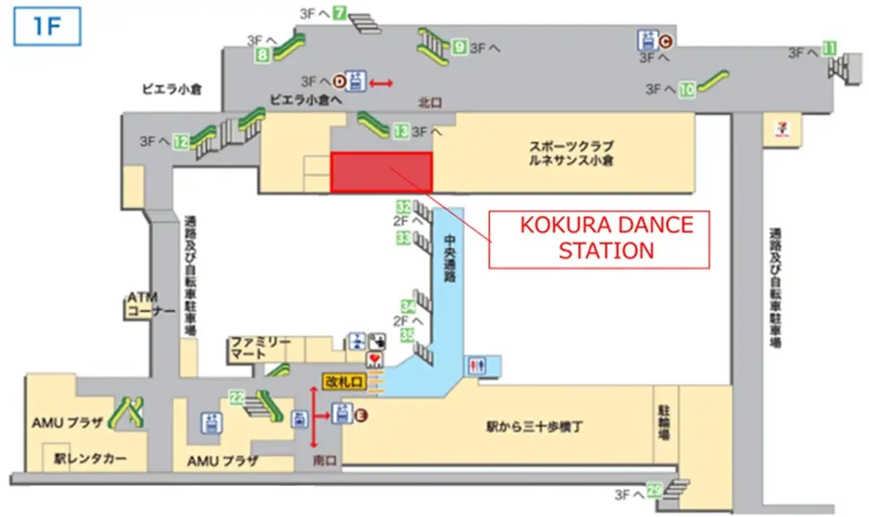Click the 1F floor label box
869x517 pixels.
(46, 26)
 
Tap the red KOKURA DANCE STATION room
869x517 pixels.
(381, 172)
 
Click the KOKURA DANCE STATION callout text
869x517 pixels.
(606, 238)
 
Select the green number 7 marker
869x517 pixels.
(339, 13)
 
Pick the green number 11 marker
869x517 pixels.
(830, 48)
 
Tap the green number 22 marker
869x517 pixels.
(238, 396)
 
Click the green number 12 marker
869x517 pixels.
(181, 143)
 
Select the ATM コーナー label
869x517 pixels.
(150, 304)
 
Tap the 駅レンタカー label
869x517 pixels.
(90, 458)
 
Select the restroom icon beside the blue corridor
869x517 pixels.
(476, 366)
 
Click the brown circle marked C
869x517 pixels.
(666, 39)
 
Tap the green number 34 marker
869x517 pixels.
(408, 306)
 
